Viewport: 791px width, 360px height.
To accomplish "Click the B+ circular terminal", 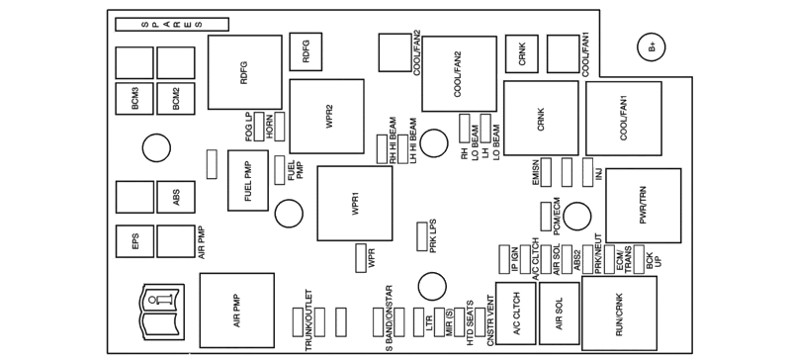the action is pos(651,47).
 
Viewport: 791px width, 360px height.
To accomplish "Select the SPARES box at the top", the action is pos(171,25).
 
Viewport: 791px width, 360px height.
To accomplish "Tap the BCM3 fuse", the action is pos(134,99).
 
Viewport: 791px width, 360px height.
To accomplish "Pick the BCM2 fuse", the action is pos(176,99).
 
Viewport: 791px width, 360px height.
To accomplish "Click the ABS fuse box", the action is pos(176,197).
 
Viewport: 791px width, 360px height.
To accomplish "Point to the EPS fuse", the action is pos(134,241).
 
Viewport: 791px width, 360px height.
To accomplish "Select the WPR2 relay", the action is pos(326,117).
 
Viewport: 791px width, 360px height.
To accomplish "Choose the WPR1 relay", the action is pos(355,204).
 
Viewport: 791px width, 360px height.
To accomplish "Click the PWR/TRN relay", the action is pos(644,206).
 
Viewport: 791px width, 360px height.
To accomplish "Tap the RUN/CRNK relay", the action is pos(620,314).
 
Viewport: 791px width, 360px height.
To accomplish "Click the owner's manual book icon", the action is pos(161,312).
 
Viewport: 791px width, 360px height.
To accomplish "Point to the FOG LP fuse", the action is pos(259,127).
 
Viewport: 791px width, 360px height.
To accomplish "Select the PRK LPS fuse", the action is pos(422,236).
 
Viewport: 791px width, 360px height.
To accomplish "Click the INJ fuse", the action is pos(587,172).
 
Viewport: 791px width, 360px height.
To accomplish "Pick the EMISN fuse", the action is pos(546,172).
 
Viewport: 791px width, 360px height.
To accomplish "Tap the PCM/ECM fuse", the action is pos(546,217).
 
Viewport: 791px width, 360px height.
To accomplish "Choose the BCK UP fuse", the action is pos(639,259).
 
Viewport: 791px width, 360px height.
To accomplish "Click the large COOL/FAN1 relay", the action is pos(624,118).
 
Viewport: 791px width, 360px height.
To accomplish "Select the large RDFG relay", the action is pos(244,72).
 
